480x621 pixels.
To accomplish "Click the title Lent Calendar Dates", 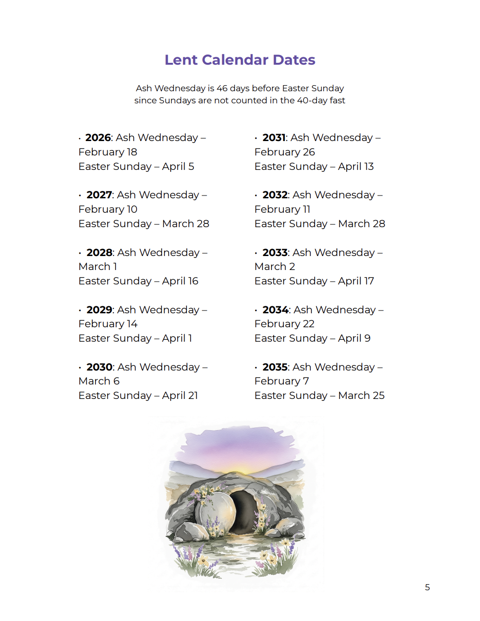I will pyautogui.click(x=240, y=60).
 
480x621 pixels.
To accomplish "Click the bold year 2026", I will pyautogui.click(x=98, y=138).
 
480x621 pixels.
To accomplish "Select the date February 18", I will pyautogui.click(x=108, y=152).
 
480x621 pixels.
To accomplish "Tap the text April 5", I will pyautogui.click(x=178, y=167).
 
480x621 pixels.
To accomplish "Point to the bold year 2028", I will pyautogui.click(x=99, y=253).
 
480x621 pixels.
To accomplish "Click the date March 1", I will pyautogui.click(x=97, y=267).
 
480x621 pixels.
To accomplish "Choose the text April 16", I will pyautogui.click(x=180, y=281).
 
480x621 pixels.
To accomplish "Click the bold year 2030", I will pyautogui.click(x=99, y=367).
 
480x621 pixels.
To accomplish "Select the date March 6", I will pyautogui.click(x=99, y=381).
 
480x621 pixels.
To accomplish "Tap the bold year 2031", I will pyautogui.click(x=274, y=138).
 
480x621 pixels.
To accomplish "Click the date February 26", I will pyautogui.click(x=284, y=152).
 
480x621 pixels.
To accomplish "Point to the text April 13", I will pyautogui.click(x=356, y=167).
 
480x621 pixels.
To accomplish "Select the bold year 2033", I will pyautogui.click(x=275, y=253).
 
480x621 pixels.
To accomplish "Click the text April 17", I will pyautogui.click(x=356, y=281).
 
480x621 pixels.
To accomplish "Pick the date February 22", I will pyautogui.click(x=284, y=324).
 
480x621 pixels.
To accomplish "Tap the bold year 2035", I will pyautogui.click(x=275, y=367).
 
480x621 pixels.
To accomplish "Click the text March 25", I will pyautogui.click(x=361, y=396).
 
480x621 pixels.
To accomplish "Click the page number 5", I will pyautogui.click(x=427, y=587).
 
